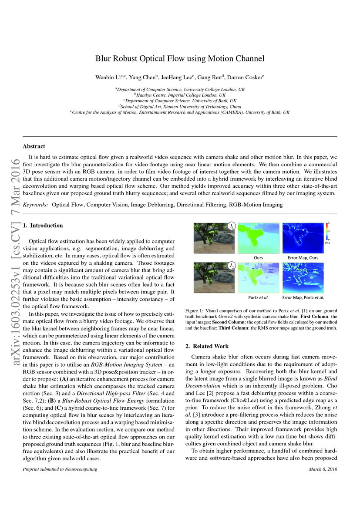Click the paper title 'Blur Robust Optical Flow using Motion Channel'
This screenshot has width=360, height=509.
180,58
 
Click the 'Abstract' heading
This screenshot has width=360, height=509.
34,146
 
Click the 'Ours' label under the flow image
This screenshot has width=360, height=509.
259,257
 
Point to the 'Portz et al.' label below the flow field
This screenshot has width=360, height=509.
259,297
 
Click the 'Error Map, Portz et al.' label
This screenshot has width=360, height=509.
303,297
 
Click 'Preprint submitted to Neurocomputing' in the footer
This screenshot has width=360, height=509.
60,469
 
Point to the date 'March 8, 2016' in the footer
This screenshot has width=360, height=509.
323,469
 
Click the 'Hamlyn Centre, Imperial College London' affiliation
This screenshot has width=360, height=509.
180,95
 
